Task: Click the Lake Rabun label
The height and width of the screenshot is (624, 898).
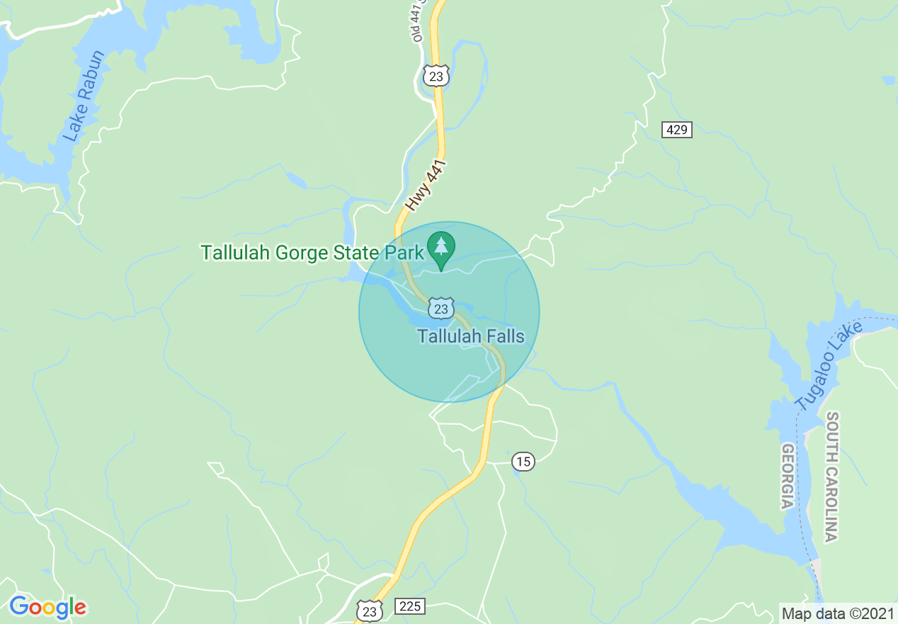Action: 84,96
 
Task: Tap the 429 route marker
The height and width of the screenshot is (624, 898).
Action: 677,130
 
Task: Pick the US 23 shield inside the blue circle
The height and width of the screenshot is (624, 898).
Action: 441,308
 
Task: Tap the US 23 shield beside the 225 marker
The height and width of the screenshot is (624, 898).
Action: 370,611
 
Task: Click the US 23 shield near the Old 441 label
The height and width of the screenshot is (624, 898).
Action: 436,75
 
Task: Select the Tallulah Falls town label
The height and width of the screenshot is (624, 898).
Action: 471,335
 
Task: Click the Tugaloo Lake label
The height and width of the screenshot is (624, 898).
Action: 829,365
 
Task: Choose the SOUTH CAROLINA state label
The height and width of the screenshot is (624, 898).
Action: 832,477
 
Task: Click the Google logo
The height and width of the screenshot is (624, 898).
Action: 47,607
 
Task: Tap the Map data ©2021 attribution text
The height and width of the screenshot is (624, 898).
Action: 837,613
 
